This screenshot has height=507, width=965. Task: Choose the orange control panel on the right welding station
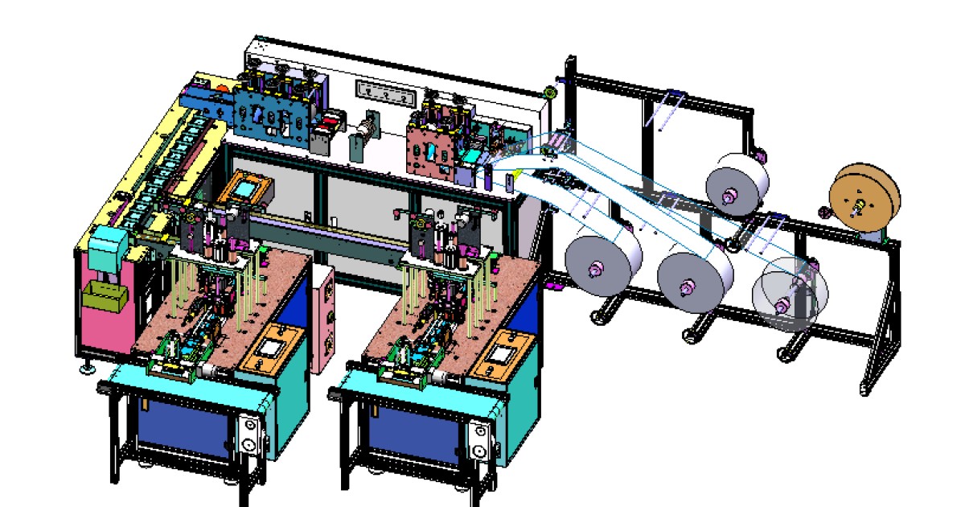[x=505, y=352]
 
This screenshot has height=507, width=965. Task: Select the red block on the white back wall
[x=328, y=126]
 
